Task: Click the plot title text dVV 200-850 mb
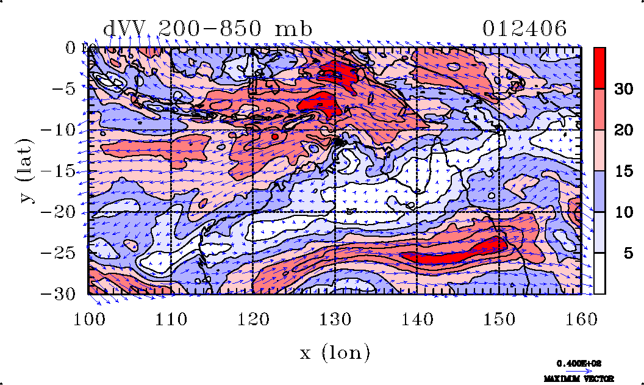(208, 29)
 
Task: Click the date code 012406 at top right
(524, 29)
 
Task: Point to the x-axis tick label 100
(89, 318)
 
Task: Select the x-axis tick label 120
(253, 318)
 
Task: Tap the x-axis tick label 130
(335, 318)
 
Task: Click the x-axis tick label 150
(499, 318)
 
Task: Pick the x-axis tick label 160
(581, 318)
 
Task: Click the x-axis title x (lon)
(335, 353)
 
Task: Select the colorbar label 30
(623, 89)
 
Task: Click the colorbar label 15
(623, 171)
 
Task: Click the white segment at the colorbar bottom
(600, 273)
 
